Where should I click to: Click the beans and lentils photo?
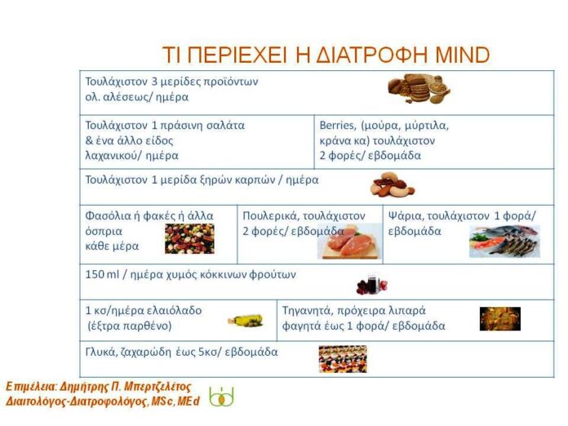(189, 238)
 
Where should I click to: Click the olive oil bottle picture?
(245, 321)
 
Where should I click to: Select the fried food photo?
(499, 318)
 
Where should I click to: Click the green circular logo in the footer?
(221, 397)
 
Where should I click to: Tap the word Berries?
(338, 126)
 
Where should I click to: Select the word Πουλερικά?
(269, 216)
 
